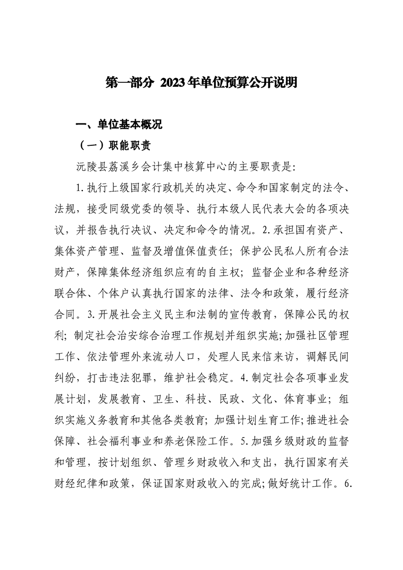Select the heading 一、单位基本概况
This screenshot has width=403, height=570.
pyautogui.click(x=118, y=125)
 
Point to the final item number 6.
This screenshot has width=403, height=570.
pyautogui.click(x=348, y=480)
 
